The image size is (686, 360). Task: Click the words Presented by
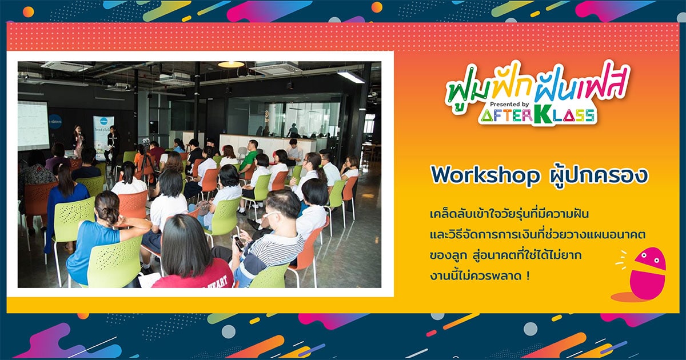point(509,104)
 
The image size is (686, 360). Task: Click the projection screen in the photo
point(33,126)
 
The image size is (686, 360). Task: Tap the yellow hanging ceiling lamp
point(231,64)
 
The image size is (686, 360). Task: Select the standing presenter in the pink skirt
point(78,140)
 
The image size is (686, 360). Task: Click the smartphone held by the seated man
point(238,242)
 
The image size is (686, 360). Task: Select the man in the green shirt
point(250,158)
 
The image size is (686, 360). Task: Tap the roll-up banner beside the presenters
point(103,138)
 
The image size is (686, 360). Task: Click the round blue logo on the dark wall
point(55,122)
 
